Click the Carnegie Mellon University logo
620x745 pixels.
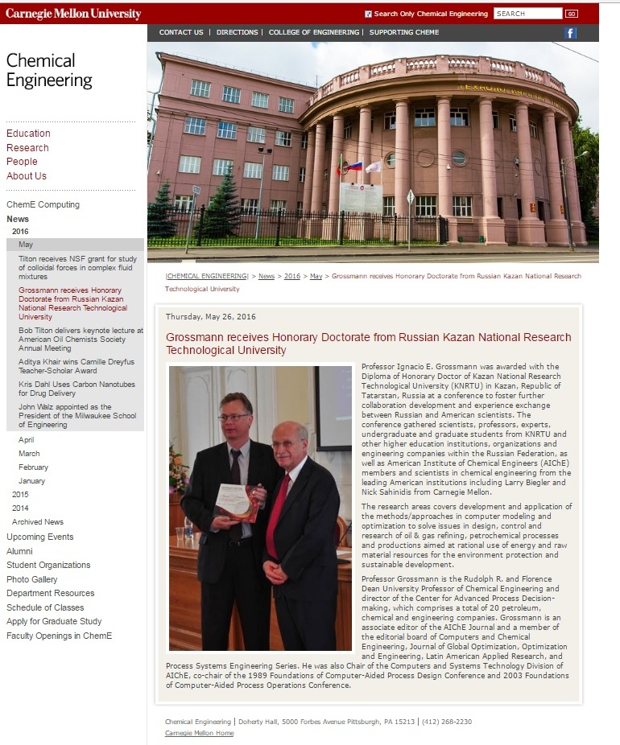pyautogui.click(x=73, y=14)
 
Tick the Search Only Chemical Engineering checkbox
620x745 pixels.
pyautogui.click(x=369, y=14)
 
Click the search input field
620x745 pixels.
pyautogui.click(x=527, y=14)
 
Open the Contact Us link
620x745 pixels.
pyautogui.click(x=181, y=32)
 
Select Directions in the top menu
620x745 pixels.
pyautogui.click(x=238, y=32)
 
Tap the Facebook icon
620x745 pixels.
pyautogui.click(x=571, y=33)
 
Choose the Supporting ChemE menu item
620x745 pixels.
pyautogui.click(x=404, y=32)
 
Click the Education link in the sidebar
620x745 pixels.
pyautogui.click(x=28, y=134)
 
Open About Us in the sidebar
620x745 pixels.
pyautogui.click(x=27, y=176)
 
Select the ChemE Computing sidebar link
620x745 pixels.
pyautogui.click(x=43, y=204)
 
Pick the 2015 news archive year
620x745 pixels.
pyautogui.click(x=20, y=494)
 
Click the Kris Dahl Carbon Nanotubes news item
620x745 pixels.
pyautogui.click(x=76, y=389)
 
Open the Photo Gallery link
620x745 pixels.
pyautogui.click(x=32, y=579)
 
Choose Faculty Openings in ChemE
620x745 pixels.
pyautogui.click(x=59, y=636)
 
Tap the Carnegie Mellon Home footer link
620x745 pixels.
pyautogui.click(x=199, y=733)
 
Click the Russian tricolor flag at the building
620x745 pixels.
pyautogui.click(x=354, y=166)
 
